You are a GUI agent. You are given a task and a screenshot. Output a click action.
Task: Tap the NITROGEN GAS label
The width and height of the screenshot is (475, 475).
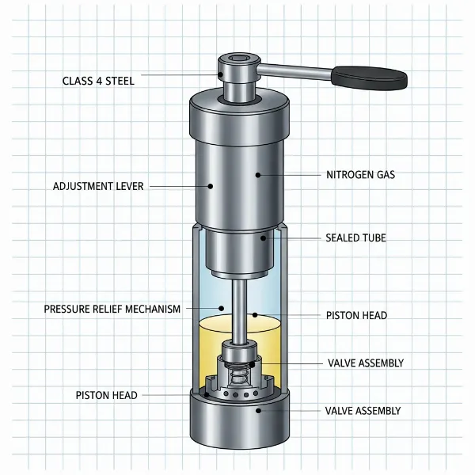[x=360, y=174]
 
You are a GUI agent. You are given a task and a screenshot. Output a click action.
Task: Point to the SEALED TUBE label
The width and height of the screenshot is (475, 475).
[x=356, y=237]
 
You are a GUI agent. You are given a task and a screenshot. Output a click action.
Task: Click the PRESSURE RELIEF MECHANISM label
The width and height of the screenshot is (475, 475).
[x=112, y=309]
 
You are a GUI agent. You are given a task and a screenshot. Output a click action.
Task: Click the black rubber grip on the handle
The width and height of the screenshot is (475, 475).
[x=369, y=77]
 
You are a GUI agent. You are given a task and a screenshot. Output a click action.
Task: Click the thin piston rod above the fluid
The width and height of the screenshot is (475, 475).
[x=235, y=301]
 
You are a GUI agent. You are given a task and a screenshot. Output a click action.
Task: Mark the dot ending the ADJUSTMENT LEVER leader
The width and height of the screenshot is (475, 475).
[x=211, y=187]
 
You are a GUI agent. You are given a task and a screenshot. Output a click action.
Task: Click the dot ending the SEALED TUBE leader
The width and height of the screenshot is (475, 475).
[x=264, y=237]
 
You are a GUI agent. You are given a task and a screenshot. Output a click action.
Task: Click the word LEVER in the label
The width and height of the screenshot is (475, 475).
[x=131, y=187]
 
